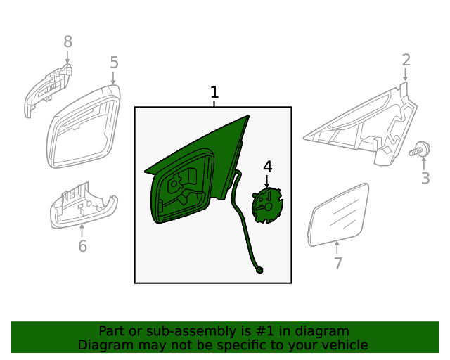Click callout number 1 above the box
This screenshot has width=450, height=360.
(214, 92)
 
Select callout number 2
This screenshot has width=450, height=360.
(406, 60)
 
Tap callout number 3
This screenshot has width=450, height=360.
(425, 178)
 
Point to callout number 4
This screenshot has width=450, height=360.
(267, 167)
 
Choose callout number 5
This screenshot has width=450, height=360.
(114, 63)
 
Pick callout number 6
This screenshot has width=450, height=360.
(82, 246)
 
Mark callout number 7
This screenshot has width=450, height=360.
(338, 264)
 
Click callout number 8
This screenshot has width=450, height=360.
(67, 42)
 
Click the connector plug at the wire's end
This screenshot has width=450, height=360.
(260, 269)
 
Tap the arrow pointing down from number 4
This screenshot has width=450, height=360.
(267, 182)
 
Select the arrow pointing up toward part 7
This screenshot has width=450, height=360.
(337, 247)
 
